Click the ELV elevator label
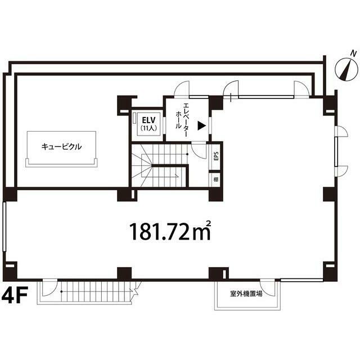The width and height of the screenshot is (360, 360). (x=148, y=120)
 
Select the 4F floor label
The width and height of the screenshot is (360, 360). (x=15, y=295)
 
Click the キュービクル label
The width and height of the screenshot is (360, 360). (x=61, y=146)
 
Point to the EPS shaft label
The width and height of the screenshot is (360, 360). (x=216, y=156)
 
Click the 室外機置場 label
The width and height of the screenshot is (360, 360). (x=246, y=294)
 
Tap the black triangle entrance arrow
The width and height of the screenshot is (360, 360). (x=201, y=125)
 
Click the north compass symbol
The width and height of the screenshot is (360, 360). (x=346, y=69)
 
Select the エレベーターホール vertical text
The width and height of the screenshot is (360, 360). (x=182, y=120)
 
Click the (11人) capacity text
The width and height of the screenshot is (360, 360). (x=148, y=128)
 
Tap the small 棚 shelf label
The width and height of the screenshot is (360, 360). (x=216, y=179)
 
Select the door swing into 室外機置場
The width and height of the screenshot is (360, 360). (x=268, y=287)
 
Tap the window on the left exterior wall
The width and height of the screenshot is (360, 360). (x=4, y=226)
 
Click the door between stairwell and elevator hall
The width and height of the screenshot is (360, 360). (x=199, y=150)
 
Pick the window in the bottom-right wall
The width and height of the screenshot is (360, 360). (x=301, y=280)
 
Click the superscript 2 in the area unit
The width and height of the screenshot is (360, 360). (x=209, y=223)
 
